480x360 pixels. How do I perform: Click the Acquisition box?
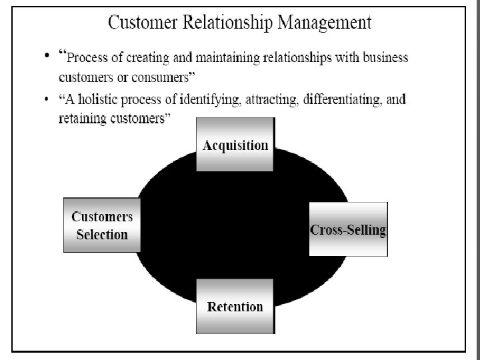click(235, 145)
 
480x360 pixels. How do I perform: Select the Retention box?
click(235, 306)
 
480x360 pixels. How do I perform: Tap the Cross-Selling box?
click(348, 229)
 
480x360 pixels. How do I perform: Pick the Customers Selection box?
click(102, 225)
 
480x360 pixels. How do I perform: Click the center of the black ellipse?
click(241, 225)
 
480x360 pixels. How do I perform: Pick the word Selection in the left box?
click(102, 234)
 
